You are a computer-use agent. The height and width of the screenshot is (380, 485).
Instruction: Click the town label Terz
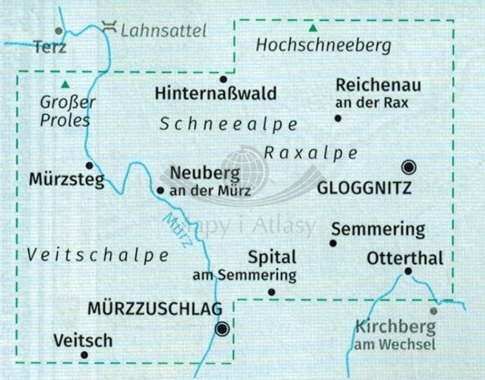[x=50, y=47]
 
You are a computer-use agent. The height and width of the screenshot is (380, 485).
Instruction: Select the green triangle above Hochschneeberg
[x=313, y=28]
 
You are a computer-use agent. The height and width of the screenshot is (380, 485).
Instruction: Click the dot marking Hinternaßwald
[x=224, y=80]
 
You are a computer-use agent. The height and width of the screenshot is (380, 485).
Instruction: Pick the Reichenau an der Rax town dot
[x=338, y=118]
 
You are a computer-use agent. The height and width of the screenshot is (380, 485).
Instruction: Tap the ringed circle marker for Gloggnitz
[x=409, y=168]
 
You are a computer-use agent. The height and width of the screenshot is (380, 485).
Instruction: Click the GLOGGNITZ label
[x=364, y=188]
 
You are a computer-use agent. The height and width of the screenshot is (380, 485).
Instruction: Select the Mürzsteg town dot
[x=90, y=165]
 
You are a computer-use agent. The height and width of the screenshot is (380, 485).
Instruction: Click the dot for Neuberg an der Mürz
[x=160, y=190]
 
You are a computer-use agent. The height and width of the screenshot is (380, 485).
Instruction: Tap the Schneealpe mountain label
[x=228, y=124]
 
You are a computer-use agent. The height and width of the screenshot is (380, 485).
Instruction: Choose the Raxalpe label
[x=310, y=153]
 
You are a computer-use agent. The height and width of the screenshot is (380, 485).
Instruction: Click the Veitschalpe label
[x=98, y=255]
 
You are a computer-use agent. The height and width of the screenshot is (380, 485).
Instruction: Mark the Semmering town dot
[x=333, y=243]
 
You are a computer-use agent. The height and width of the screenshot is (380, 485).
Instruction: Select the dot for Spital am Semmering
[x=272, y=293]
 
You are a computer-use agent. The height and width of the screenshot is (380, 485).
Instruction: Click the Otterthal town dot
[x=408, y=271]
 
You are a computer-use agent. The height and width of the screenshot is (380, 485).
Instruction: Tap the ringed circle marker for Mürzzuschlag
[x=222, y=329]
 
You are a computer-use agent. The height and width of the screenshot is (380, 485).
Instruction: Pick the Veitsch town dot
[x=83, y=355]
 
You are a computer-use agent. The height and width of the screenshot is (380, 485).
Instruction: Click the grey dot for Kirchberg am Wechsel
[x=434, y=311]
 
